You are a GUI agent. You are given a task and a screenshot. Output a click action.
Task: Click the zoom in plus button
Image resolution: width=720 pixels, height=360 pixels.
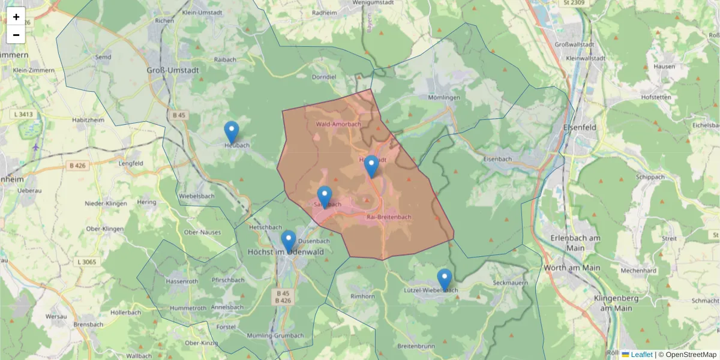[16, 17]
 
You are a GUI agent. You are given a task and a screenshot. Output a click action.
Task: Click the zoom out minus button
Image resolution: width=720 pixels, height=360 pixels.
[16, 35]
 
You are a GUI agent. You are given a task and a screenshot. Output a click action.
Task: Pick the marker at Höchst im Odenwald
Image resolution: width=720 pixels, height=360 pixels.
[289, 241]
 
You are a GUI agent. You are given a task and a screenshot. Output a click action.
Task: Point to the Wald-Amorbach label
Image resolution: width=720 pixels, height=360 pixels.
[338, 124]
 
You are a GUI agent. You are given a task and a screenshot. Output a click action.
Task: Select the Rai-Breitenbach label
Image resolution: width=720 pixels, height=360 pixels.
[389, 217]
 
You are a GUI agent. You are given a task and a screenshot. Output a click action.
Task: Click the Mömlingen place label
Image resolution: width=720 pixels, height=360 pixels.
[444, 97]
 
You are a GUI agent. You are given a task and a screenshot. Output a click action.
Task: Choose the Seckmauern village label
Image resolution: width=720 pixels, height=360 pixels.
[510, 283]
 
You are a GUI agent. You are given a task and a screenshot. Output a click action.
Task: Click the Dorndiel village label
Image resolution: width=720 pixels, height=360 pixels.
[325, 77]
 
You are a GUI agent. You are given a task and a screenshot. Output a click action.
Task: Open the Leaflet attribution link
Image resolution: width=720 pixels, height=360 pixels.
[641, 355]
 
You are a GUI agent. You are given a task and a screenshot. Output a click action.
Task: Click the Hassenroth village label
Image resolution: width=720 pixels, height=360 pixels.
[182, 281]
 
